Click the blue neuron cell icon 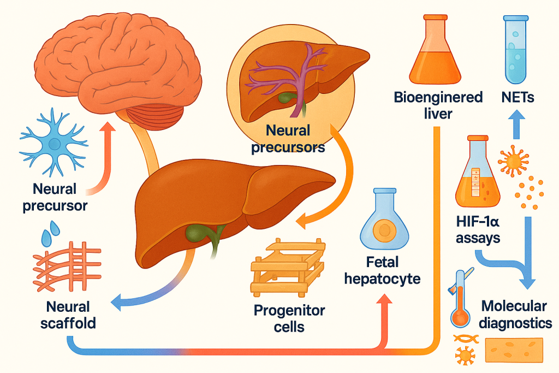pos(53,144)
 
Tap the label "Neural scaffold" pos(60,315)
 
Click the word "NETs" pos(517,98)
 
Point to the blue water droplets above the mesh pos(49,233)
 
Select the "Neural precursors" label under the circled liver pos(288,139)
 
